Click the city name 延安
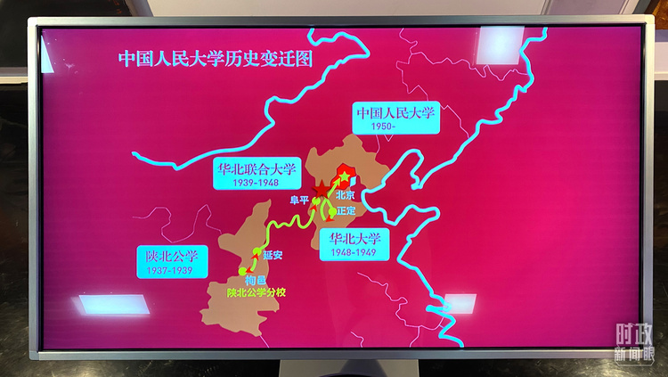coord(273,256)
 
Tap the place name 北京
coord(346,195)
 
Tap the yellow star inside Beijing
coord(344,178)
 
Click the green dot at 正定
coord(331,212)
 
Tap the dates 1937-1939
coord(171,269)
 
